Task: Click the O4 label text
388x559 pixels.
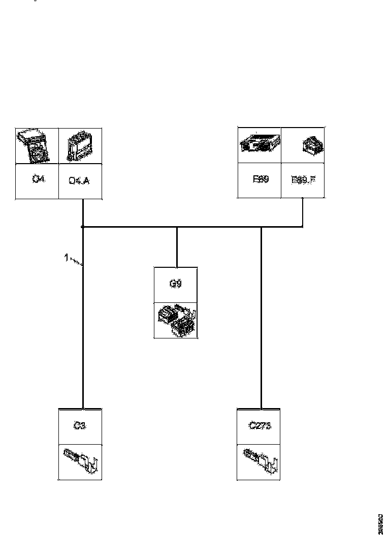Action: tap(37, 180)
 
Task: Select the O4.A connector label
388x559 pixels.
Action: tap(79, 180)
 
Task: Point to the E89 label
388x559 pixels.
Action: tap(260, 180)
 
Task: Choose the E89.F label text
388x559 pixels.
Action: tap(303, 180)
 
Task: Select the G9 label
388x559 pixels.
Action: tap(176, 284)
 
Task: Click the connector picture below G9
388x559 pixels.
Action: tap(176, 321)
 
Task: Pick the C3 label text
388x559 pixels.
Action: tap(79, 426)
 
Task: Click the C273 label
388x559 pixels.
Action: tap(260, 426)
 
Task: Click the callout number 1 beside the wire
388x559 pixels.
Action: tap(66, 258)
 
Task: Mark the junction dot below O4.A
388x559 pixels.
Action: tap(82, 227)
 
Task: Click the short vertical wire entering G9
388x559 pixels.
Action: tap(176, 247)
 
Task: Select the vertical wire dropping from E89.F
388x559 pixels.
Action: tap(303, 212)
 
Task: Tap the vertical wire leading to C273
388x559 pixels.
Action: tap(261, 315)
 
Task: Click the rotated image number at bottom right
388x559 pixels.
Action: tap(380, 523)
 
